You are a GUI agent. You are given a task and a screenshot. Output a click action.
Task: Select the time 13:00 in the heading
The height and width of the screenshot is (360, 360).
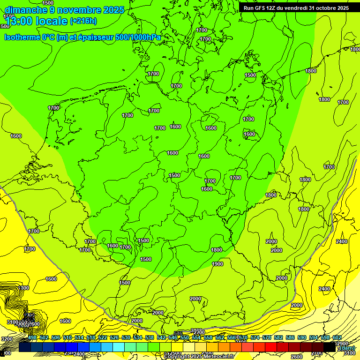click(18, 21)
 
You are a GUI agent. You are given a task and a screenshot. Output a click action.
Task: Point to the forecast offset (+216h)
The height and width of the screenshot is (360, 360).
click(83, 21)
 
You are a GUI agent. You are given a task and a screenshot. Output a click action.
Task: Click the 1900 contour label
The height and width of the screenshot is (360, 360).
click(217, 264)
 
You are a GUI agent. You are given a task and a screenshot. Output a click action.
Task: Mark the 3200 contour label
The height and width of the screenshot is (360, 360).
click(7, 339)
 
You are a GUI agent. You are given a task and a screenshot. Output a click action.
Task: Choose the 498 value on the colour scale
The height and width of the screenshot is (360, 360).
click(32, 338)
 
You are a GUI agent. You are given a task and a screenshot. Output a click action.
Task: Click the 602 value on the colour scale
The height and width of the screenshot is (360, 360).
click(337, 338)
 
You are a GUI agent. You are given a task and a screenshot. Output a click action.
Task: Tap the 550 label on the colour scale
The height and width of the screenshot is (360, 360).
click(185, 338)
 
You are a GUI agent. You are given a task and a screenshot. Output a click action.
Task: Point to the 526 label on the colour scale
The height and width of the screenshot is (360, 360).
click(114, 338)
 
